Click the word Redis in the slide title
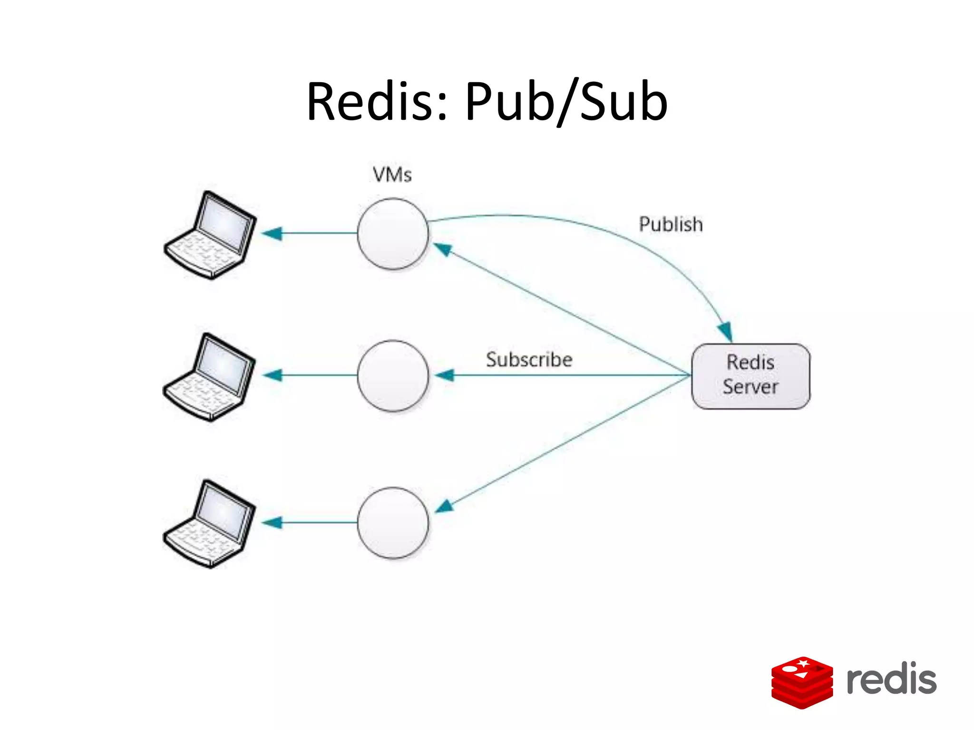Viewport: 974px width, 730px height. [x=373, y=102]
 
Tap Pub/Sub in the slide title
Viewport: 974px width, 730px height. [x=566, y=102]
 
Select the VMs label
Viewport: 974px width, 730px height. [x=392, y=175]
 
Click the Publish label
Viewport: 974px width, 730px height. [x=671, y=224]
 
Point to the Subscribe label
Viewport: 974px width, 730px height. [x=529, y=360]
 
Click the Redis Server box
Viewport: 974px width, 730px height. [x=750, y=375]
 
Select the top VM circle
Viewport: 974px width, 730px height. [x=393, y=233]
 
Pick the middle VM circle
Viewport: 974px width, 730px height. [x=393, y=375]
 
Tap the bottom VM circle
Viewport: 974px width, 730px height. [x=393, y=522]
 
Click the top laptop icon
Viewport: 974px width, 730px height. [x=210, y=235]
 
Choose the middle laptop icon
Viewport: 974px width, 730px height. [x=209, y=377]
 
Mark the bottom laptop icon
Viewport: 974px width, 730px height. [x=209, y=524]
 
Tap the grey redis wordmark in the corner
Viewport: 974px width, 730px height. [x=891, y=679]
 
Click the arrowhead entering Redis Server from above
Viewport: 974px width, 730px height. [x=726, y=332]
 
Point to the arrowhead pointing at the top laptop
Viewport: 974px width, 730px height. [x=272, y=233]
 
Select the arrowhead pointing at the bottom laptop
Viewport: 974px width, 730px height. [x=272, y=523]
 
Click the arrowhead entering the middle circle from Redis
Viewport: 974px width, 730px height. [x=445, y=375]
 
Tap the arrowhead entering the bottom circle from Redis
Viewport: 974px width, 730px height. [x=445, y=507]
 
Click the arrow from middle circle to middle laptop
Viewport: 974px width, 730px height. [x=314, y=375]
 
